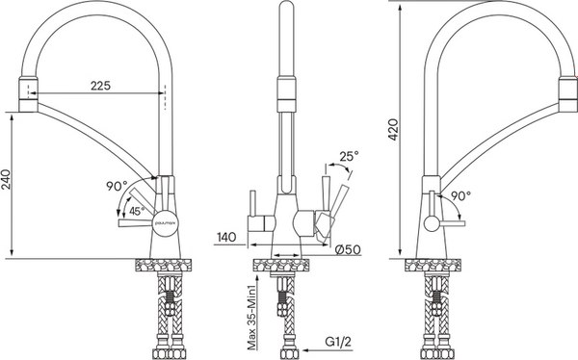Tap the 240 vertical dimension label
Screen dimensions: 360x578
[x=9, y=183]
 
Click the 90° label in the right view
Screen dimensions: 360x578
[x=462, y=195]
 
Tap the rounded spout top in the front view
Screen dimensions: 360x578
[x=285, y=13]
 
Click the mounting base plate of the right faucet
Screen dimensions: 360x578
[x=432, y=264]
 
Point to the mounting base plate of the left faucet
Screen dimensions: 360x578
[x=160, y=264]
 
